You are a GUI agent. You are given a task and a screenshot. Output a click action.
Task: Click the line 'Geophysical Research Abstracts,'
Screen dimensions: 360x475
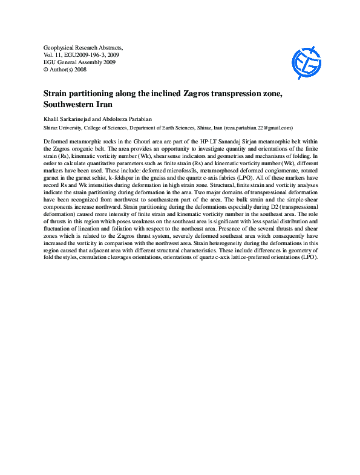(x=83, y=47)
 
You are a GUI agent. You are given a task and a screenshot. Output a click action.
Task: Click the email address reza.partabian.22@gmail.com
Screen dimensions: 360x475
(x=258, y=128)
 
